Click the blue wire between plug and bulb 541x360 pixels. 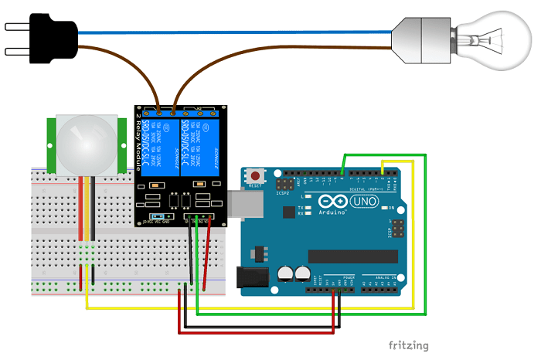click(x=232, y=32)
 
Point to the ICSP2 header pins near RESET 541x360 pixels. click(x=285, y=185)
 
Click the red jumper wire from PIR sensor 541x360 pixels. click(x=80, y=209)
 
